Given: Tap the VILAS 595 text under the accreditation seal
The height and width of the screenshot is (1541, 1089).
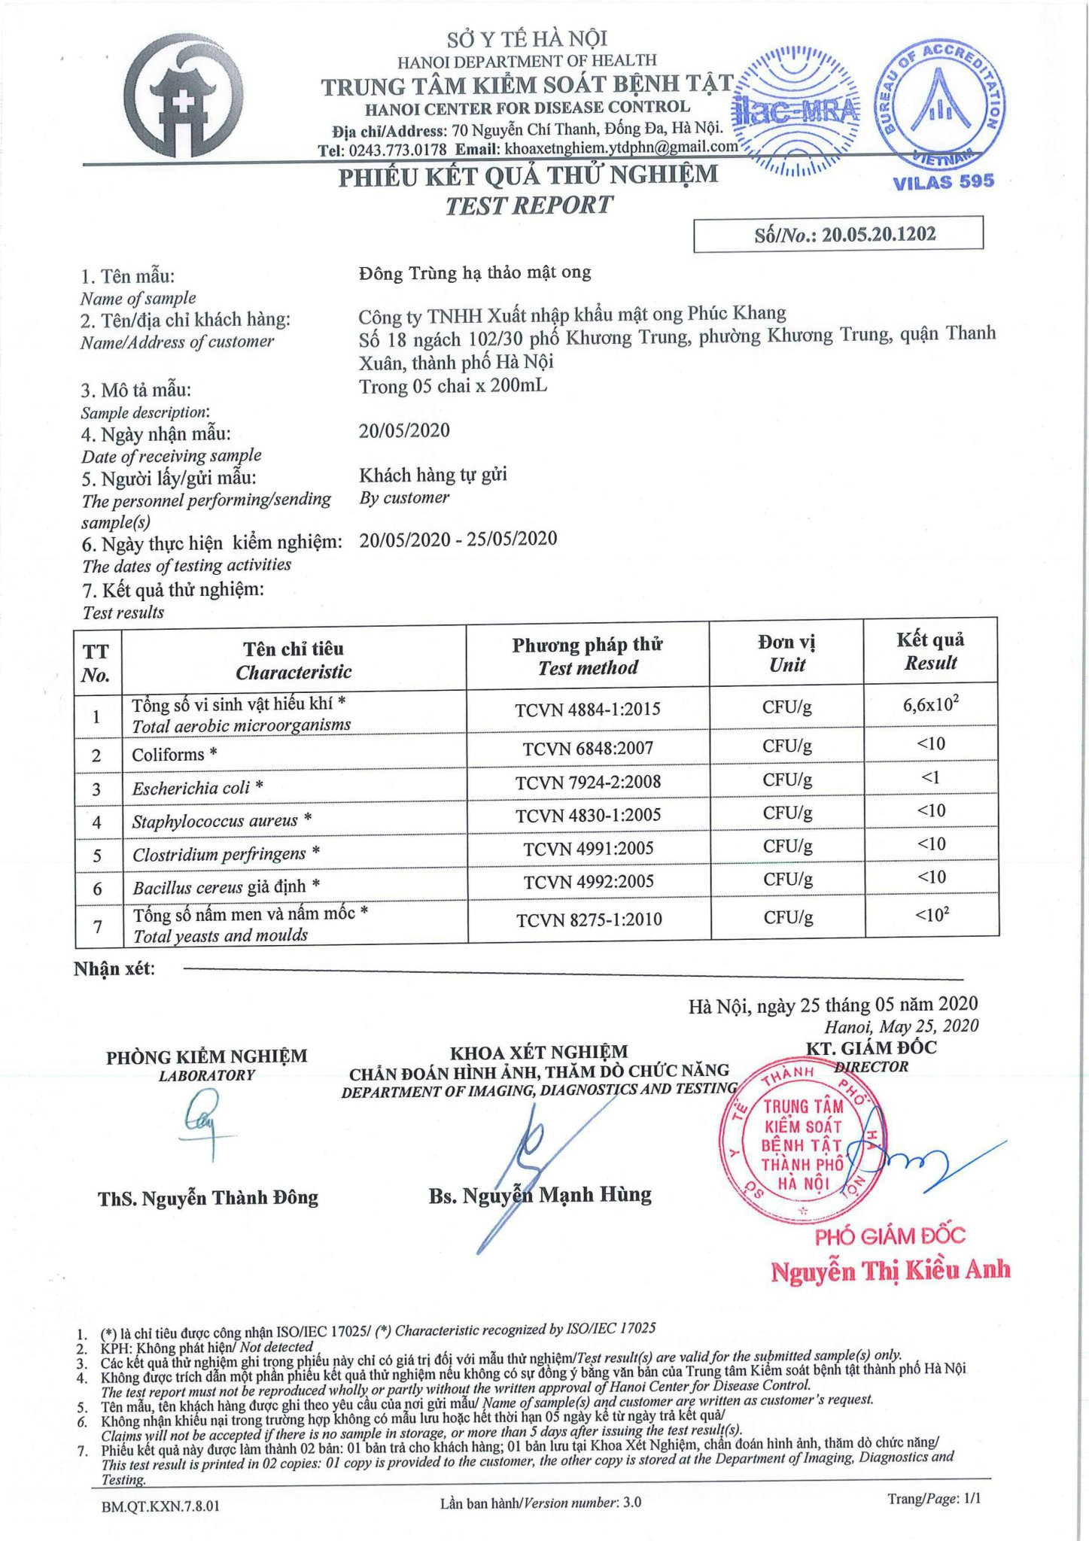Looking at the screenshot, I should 943,182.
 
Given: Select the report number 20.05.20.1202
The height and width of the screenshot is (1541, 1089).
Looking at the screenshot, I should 878,235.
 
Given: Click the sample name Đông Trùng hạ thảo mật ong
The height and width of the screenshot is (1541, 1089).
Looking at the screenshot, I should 475,272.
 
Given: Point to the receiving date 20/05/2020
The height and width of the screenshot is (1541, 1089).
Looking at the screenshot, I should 404,430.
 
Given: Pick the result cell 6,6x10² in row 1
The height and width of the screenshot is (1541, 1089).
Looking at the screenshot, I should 930,705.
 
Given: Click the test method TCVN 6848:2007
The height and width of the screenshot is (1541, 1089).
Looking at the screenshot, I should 588,748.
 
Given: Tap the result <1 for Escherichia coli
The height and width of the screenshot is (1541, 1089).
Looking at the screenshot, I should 930,777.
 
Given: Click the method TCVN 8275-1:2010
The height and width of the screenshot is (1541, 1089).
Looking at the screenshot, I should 589,919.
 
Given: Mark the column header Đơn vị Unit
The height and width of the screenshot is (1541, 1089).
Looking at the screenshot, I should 786,653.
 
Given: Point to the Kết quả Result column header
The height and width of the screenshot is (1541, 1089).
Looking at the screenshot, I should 930,652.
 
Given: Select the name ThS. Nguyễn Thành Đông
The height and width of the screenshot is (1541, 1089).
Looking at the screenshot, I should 208,1198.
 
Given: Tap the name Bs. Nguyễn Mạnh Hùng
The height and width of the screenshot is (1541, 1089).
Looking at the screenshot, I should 540,1196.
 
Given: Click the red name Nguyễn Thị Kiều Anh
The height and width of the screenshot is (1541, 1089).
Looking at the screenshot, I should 890,1272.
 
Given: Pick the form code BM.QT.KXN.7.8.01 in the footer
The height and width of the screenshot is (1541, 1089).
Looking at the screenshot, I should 160,1506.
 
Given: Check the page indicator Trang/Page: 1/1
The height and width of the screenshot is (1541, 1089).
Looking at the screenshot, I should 933,1499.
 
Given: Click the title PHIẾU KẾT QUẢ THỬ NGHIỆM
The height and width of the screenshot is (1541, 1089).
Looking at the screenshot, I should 528,177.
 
